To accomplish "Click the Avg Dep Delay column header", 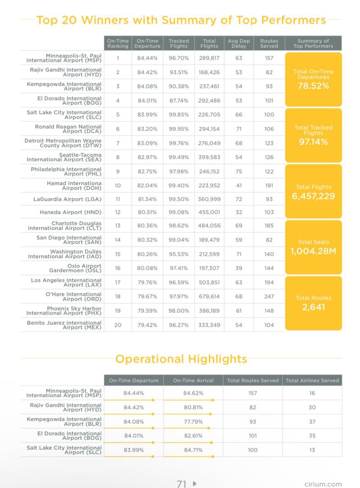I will tap(238, 43).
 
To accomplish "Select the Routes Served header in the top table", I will tap(269, 43).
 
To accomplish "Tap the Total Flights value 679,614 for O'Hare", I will tap(209, 296).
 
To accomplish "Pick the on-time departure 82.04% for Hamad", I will tap(147, 184).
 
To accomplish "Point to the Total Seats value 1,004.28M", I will tap(313, 251).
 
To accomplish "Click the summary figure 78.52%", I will tap(313, 86).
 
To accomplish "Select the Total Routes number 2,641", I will tap(313, 307).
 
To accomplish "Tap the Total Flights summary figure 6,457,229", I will tap(313, 196).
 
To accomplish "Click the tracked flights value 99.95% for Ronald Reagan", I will tap(179, 128).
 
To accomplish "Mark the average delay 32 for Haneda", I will tap(238, 212).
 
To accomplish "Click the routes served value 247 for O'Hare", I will tap(269, 296).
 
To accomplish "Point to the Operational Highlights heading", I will tap(181, 359).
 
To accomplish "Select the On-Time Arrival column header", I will tap(193, 380).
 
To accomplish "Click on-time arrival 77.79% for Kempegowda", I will tap(193, 422).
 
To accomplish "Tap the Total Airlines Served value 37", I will tap(312, 422).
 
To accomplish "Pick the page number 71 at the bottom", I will tap(181, 483).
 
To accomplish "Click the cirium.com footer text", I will tap(323, 484).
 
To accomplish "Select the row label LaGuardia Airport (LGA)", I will tap(67, 199).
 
